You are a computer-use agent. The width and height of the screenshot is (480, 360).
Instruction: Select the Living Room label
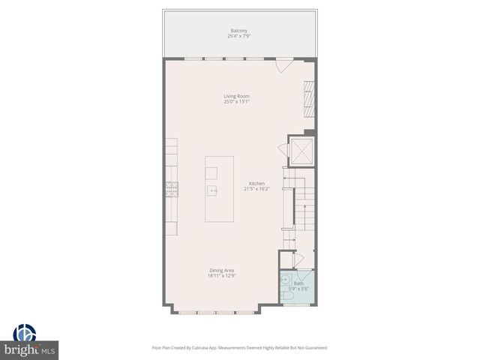pos(236,96)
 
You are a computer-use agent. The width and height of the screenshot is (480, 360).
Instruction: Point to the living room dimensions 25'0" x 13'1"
pos(236,101)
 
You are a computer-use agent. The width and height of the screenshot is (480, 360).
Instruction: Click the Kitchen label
pos(256,184)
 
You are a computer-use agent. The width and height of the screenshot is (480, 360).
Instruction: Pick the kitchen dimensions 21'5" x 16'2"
pos(256,189)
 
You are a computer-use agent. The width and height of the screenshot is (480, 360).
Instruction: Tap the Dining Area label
pos(221,271)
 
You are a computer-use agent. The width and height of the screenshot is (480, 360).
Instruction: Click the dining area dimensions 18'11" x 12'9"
pos(221,276)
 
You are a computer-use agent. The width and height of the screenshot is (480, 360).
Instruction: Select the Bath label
pos(298,283)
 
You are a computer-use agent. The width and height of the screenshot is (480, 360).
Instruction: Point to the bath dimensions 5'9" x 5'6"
pos(298,288)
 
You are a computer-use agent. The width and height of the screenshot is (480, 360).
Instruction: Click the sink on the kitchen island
pos(213,190)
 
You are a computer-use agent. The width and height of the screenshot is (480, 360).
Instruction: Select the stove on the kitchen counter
pos(172,188)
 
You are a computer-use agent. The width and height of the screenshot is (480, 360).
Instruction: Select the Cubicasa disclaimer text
pos(240,347)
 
